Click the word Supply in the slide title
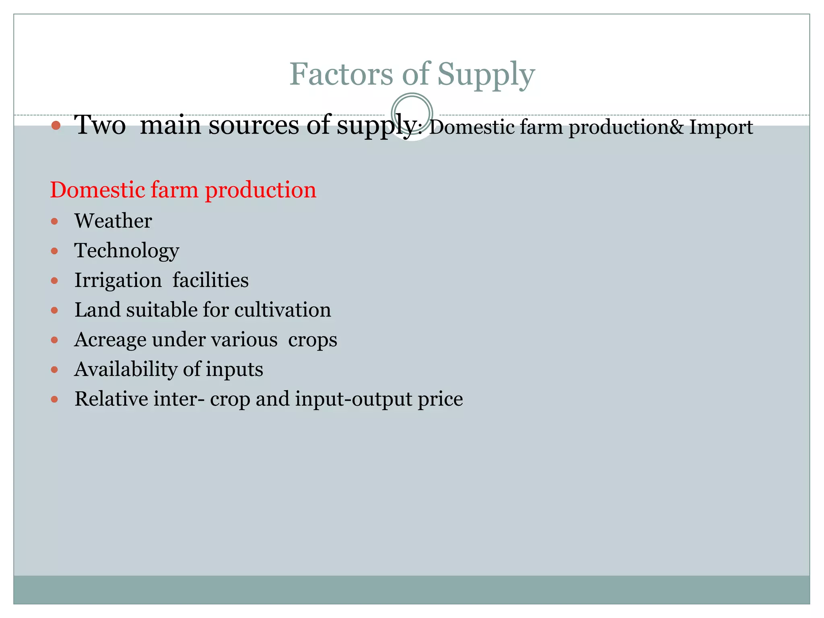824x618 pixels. (x=486, y=75)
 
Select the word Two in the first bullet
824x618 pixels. (x=100, y=125)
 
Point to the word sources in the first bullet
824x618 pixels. (x=254, y=125)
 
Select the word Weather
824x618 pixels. (x=113, y=221)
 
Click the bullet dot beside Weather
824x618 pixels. (x=55, y=221)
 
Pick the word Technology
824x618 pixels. (x=127, y=251)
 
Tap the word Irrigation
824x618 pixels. (x=118, y=280)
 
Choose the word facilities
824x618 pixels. (x=210, y=280)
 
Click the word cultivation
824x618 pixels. (x=282, y=310)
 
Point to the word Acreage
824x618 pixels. (x=110, y=340)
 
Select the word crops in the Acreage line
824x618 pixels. (x=313, y=340)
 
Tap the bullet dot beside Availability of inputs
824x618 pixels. (x=55, y=370)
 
